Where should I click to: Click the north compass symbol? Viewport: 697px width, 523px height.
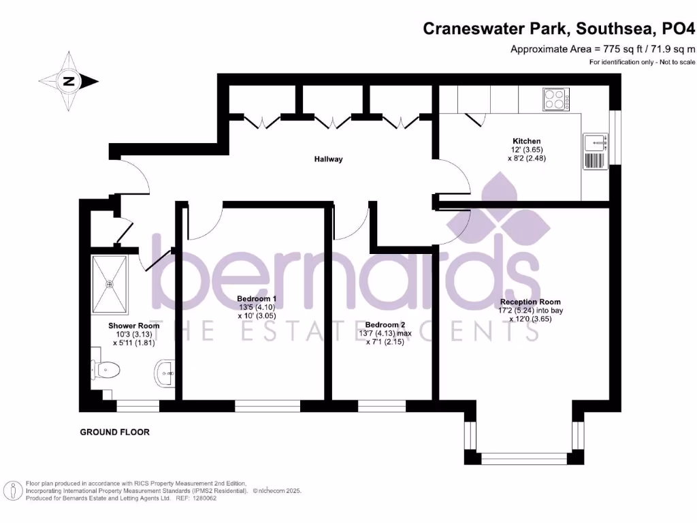(x=69, y=82)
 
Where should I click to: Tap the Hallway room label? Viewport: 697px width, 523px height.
(x=328, y=159)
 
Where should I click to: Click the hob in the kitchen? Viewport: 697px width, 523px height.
(x=557, y=100)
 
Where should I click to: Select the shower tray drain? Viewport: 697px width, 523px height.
(x=110, y=284)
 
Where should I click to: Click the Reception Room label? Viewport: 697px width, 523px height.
(x=530, y=302)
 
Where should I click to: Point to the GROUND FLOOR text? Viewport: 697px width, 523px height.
(x=114, y=432)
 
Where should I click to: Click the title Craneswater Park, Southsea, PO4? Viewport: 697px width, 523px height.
(x=560, y=29)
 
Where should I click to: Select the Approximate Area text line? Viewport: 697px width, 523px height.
(x=602, y=49)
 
